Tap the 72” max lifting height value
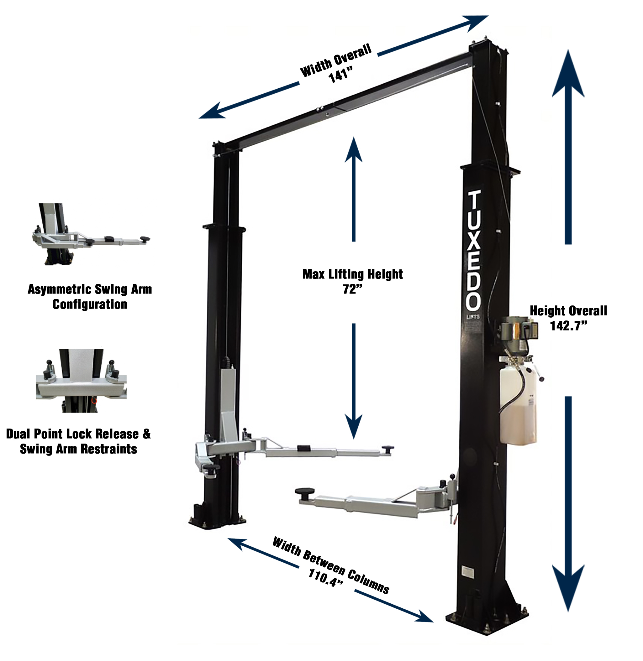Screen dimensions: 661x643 352,289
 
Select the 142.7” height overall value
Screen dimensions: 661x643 569,325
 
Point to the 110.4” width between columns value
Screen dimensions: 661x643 326,578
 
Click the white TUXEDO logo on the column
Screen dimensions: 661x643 473,250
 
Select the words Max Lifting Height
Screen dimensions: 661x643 352,274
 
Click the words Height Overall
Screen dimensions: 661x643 568,311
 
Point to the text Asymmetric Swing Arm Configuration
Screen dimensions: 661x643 90,297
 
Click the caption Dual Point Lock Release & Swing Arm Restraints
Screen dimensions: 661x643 78,441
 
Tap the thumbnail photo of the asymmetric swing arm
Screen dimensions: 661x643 91,234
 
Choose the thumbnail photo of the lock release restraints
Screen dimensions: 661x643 82,380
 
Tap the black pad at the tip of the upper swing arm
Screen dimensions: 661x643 388,448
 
